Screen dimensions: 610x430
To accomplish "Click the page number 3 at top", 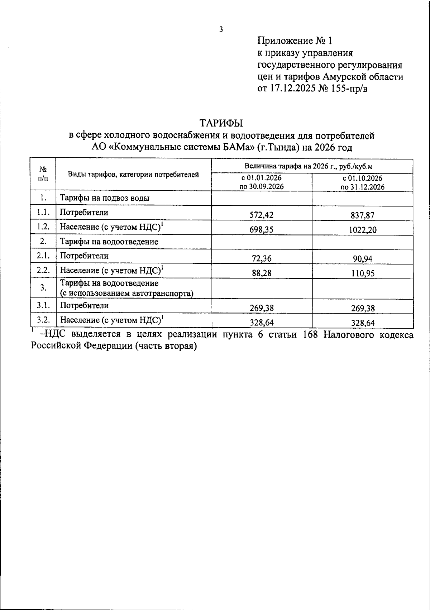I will point(221,30).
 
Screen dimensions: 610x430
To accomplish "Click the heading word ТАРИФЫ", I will point(221,123).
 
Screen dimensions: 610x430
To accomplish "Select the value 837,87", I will point(363,215).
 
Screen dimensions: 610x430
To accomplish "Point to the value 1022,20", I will point(363,230).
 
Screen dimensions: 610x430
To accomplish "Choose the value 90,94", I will point(363,258).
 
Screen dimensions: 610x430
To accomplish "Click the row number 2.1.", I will point(43,256).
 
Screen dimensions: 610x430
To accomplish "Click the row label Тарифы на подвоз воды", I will point(105,198).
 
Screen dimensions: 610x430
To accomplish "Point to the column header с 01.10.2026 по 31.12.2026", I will point(362,182).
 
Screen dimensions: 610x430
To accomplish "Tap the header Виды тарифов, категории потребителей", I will point(133,175).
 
